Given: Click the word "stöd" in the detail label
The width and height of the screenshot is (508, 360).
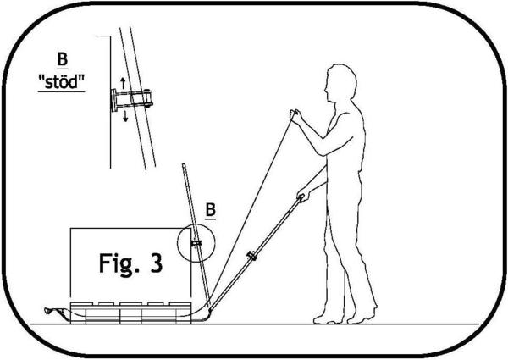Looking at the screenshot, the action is tap(62, 81).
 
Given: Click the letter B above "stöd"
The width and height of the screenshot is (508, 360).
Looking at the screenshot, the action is tap(62, 59).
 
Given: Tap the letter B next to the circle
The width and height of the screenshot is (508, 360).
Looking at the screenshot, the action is tap(211, 210).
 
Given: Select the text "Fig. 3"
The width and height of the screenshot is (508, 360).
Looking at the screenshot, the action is tap(130, 263).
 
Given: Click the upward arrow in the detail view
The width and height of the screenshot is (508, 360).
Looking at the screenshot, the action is tap(123, 83).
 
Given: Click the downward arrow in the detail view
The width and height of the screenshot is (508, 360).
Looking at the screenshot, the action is tap(125, 116).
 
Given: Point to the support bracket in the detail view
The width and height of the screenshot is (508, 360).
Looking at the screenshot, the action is tap(131, 100).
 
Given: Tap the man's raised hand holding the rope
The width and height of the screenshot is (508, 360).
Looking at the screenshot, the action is tap(295, 116).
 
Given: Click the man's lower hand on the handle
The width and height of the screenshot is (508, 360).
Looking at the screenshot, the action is tap(303, 195).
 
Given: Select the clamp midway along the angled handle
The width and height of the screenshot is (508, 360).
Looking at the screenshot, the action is tap(251, 256).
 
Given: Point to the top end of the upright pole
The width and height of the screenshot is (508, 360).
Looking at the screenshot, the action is tap(184, 164).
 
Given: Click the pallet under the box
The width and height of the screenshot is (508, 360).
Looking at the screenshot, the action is tap(130, 313).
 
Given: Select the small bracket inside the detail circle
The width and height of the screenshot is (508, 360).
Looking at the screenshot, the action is tap(196, 243).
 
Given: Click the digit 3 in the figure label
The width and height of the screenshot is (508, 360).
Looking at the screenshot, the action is tap(157, 263).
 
